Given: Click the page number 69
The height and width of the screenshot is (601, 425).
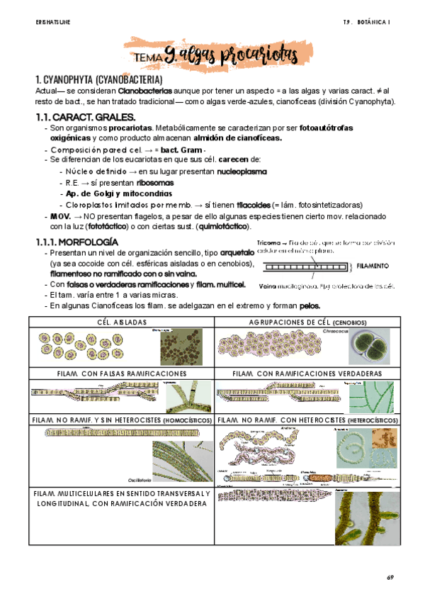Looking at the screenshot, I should pyautogui.click(x=389, y=578).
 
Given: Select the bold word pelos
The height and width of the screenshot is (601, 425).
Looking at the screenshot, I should pyautogui.click(x=309, y=305).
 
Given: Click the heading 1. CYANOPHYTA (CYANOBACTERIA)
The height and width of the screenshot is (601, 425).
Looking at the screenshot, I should pyautogui.click(x=98, y=79).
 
